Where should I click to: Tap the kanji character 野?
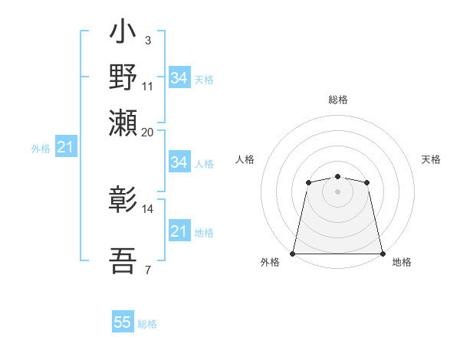coord(123,78)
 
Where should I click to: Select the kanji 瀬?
coord(123,122)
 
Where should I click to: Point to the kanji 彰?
coord(123,201)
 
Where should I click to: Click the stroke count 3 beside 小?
coord(147,41)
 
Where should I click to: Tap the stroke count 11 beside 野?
coord(148,85)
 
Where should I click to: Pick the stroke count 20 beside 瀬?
coord(148,132)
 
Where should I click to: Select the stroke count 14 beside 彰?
coord(148,208)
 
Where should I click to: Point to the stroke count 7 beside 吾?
coord(147,270)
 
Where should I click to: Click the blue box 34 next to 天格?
coord(179,78)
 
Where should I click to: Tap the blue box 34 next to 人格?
coord(179,162)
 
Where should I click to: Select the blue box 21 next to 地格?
coord(179,231)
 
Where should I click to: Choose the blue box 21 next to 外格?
coord(65,148)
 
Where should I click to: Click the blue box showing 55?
coord(123,322)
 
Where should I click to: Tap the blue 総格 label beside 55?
coord(147,324)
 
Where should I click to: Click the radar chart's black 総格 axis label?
coord(337,100)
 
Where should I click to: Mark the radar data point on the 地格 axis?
coord(382,254)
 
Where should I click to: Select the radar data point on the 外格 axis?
coord(293,254)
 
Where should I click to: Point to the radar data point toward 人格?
coord(308,182)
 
